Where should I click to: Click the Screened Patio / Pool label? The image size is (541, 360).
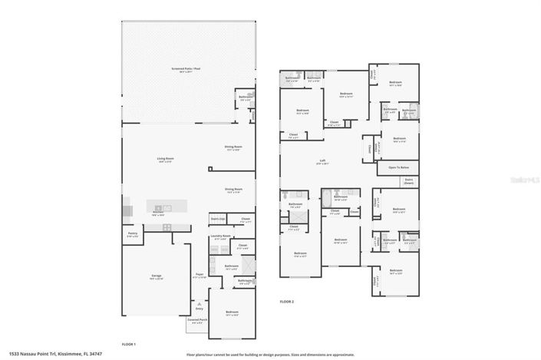(x=186, y=69)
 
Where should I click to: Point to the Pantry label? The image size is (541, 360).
(x=132, y=235)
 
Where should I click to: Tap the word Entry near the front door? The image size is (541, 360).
(x=199, y=307)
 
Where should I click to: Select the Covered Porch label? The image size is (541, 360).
(x=197, y=322)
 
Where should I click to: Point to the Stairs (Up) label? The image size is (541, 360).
(x=217, y=219)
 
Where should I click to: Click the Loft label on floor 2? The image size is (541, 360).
(x=323, y=161)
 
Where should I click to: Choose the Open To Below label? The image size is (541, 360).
(x=398, y=167)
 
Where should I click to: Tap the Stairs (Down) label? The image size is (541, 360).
(x=409, y=182)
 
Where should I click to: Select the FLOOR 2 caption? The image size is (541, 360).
(x=286, y=302)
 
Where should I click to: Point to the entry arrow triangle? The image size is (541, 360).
(x=199, y=302)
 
